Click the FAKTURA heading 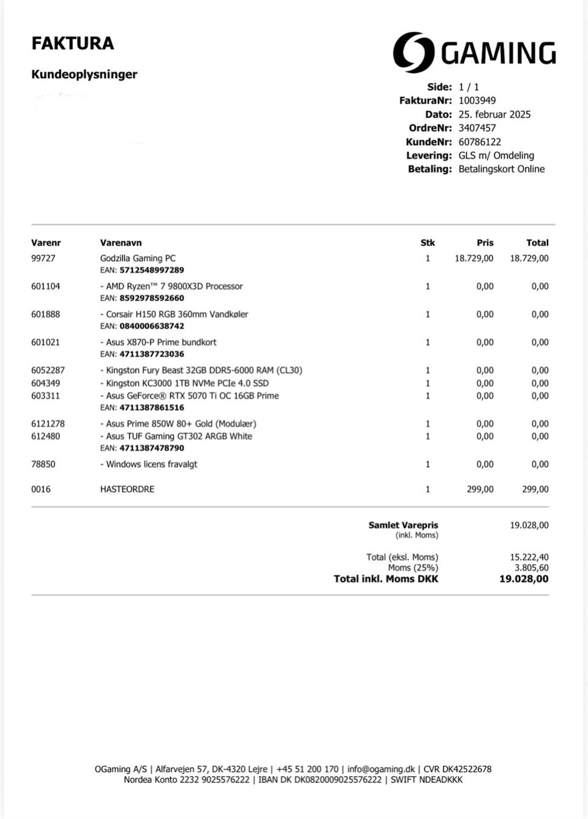pos(72,44)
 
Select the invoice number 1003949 pos(477,101)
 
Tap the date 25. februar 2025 pos(494,115)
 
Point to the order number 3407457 pos(477,128)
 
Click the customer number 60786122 pos(480,142)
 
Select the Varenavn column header pos(121,243)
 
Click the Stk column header pos(428,243)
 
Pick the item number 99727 pos(43,259)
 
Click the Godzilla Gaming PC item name pos(138,259)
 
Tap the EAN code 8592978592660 pos(151,298)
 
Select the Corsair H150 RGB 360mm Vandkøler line pos(174,314)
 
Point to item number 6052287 pos(48,370)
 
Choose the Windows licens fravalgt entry pos(149,465)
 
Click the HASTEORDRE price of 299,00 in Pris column pos(480,489)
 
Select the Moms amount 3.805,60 pos(531,568)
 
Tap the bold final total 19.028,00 pos(524,579)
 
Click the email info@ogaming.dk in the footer pos(380,769)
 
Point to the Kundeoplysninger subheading pos(84,75)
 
